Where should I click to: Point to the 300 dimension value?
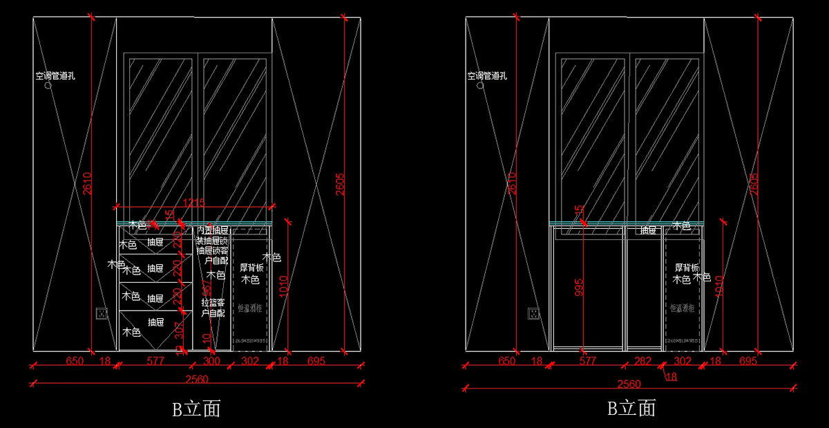click(x=211, y=361)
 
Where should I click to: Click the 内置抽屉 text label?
click(x=212, y=230)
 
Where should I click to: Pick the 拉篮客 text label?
click(x=213, y=303)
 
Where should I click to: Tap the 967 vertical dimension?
click(x=206, y=289)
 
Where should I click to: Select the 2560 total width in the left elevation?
click(x=197, y=379)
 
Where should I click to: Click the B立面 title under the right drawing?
click(x=631, y=408)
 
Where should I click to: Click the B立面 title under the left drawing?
click(x=196, y=409)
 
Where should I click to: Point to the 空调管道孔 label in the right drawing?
click(x=488, y=76)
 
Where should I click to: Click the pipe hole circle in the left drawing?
click(x=48, y=87)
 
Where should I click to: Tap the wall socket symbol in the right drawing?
click(x=534, y=314)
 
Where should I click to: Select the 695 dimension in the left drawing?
click(x=316, y=361)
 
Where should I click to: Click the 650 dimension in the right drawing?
click(x=506, y=361)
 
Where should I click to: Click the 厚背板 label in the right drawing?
click(x=687, y=268)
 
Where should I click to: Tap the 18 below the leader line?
click(x=671, y=376)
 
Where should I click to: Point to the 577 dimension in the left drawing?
click(x=156, y=361)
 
